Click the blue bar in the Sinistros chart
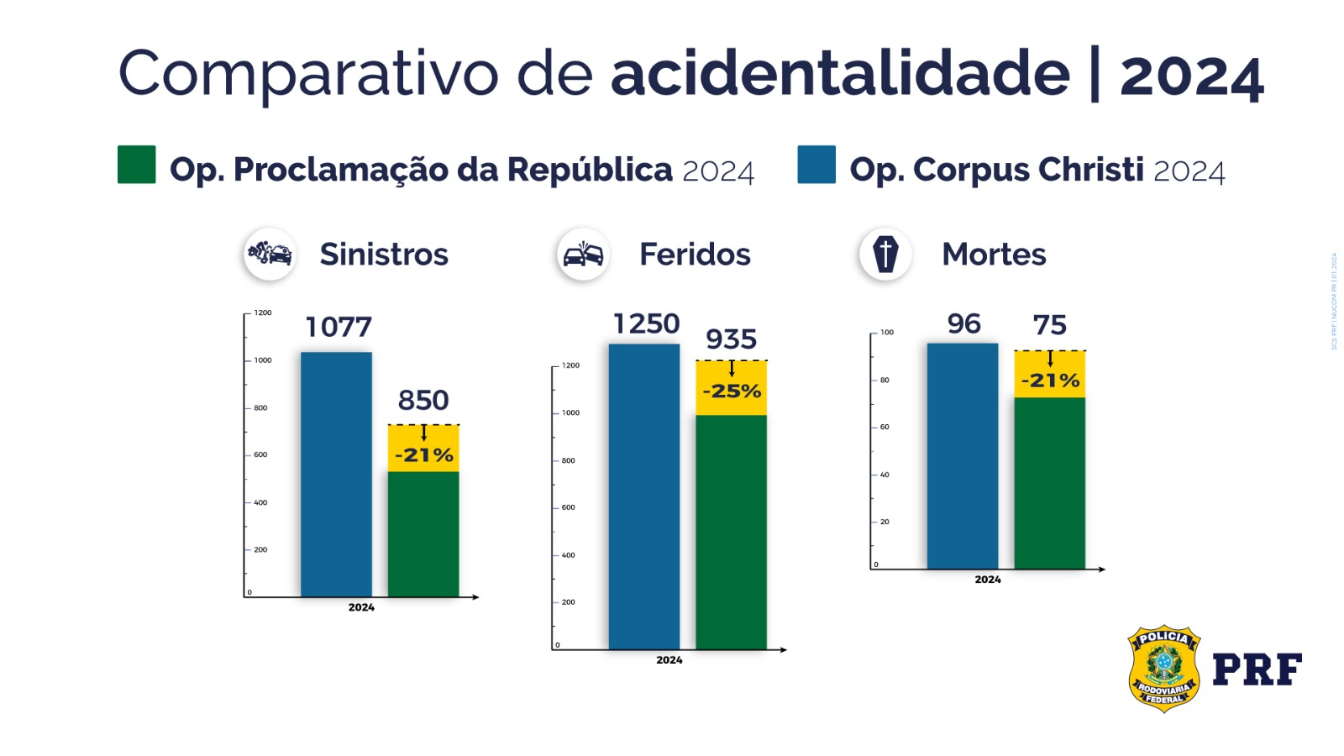[x=336, y=475]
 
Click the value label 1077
[x=339, y=327]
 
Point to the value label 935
[x=731, y=339]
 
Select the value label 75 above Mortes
[x=1049, y=325]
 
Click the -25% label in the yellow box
[x=732, y=391]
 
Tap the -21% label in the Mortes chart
[x=1050, y=381]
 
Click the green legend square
[x=136, y=165]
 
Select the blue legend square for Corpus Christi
[x=816, y=165]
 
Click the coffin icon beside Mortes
[x=885, y=254]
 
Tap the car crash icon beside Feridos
[x=583, y=254]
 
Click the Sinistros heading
[x=384, y=255]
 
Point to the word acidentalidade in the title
[x=840, y=74]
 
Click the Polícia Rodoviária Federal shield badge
[x=1163, y=669]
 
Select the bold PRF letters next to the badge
[x=1257, y=669]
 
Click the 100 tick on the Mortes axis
[x=887, y=333]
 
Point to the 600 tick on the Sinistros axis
[x=260, y=454]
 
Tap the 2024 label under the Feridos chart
[x=669, y=660]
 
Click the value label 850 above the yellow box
[x=423, y=401]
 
